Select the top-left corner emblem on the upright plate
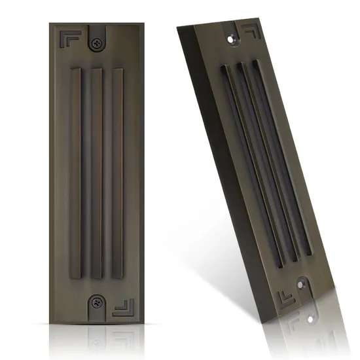(x=67, y=39)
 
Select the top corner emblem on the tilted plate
(x=249, y=31)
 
